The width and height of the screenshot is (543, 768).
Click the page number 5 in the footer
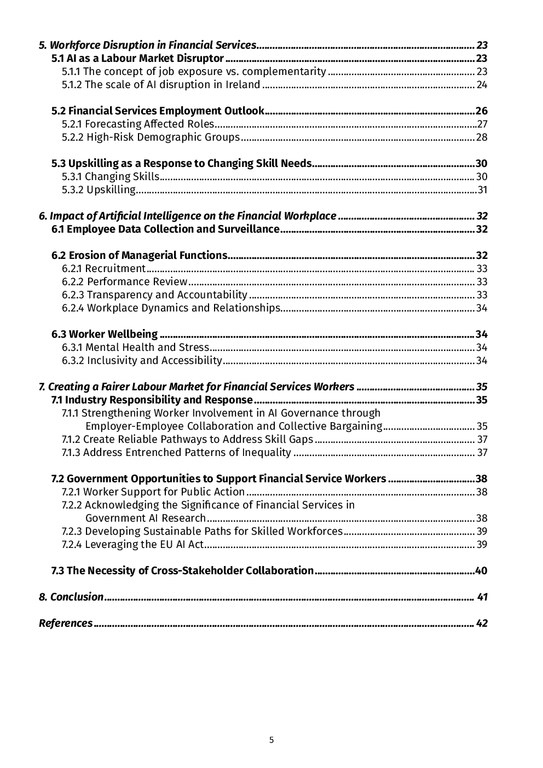point(271,740)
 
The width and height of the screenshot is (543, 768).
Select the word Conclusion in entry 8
point(77,597)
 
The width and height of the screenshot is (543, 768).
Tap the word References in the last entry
point(66,623)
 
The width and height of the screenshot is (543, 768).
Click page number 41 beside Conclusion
point(482,597)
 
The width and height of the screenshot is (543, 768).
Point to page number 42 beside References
point(482,623)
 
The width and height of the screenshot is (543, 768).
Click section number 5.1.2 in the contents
point(72,84)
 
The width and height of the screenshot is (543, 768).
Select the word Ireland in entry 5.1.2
point(242,84)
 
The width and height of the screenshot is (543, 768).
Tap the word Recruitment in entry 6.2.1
point(115,268)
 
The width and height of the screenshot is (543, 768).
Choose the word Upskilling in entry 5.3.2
point(111,189)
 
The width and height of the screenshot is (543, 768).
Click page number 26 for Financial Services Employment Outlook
point(481,111)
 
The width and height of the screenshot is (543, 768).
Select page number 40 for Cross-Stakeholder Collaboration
point(481,570)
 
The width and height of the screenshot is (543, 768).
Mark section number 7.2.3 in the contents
point(72,531)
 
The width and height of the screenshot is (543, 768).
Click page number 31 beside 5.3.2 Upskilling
point(482,189)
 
